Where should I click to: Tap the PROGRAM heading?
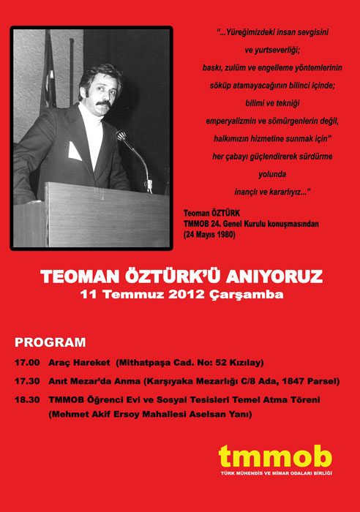point(50,342)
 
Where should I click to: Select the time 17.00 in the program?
point(28,363)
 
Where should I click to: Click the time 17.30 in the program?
point(28,382)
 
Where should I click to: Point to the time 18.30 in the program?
point(28,401)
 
